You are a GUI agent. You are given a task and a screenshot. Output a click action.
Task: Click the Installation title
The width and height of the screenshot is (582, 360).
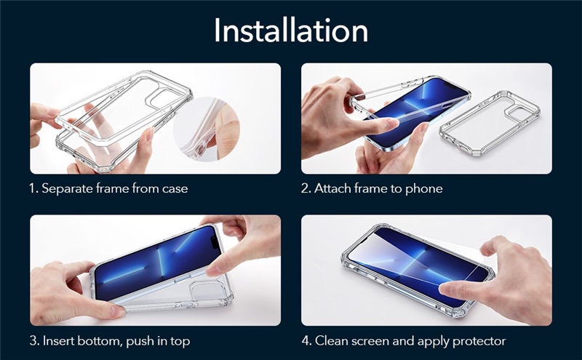pyautogui.click(x=290, y=30)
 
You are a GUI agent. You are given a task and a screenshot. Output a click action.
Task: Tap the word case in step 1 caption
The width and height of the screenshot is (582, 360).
pyautogui.click(x=175, y=189)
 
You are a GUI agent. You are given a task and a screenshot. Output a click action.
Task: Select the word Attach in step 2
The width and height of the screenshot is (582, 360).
pyautogui.click(x=332, y=188)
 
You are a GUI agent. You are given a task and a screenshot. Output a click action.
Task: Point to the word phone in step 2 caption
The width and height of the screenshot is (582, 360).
pyautogui.click(x=424, y=189)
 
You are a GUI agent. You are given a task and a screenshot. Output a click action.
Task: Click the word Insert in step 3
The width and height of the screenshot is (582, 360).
pyautogui.click(x=56, y=340)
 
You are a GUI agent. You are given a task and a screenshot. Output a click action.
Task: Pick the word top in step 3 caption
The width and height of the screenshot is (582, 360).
pyautogui.click(x=180, y=341)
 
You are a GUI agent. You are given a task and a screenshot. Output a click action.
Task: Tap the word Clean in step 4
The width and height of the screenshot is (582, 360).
pyautogui.click(x=331, y=340)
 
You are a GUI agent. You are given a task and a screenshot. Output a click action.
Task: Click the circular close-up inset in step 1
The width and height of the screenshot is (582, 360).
pyautogui.click(x=206, y=129)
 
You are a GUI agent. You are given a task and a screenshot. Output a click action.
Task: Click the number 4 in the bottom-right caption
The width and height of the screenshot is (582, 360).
pyautogui.click(x=306, y=340)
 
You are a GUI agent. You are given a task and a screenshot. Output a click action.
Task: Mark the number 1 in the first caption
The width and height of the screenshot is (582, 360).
pyautogui.click(x=33, y=188)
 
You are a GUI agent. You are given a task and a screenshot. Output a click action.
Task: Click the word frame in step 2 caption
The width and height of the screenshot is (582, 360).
pyautogui.click(x=370, y=188)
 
